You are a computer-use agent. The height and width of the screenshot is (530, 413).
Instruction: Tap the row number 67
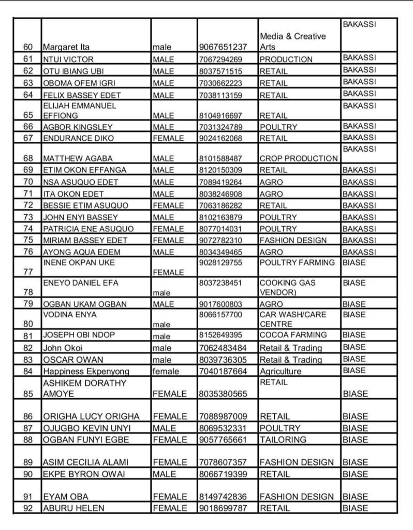pyautogui.click(x=28, y=138)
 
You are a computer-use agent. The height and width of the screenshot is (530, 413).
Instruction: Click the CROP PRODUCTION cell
pyautogui.click(x=298, y=158)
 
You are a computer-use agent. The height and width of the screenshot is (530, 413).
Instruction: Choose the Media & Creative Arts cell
pyautogui.click(x=292, y=42)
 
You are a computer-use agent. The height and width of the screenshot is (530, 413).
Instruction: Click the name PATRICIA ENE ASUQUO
pyautogui.click(x=88, y=229)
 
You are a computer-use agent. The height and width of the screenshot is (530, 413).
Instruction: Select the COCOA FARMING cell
pyautogui.click(x=293, y=335)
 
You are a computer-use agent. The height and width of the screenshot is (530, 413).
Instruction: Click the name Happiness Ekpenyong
pyautogui.click(x=86, y=371)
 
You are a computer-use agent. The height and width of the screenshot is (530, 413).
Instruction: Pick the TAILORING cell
pyautogui.click(x=283, y=439)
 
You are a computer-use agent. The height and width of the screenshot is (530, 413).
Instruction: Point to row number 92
pyautogui.click(x=28, y=508)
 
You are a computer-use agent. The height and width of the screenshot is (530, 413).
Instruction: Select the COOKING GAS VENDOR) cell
pyautogui.click(x=287, y=288)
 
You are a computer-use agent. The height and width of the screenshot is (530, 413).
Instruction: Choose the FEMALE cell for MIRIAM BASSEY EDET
pyautogui.click(x=168, y=240)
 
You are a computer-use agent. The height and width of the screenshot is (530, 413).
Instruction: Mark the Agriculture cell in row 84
pyautogui.click(x=280, y=371)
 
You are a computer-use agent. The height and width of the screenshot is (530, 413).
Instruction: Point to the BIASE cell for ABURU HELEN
pyautogui.click(x=355, y=508)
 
